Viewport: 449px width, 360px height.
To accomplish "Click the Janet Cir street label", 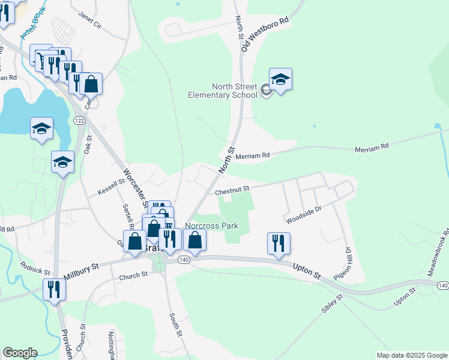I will (x=90, y=27).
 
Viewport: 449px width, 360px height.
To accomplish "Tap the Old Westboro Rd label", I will (x=264, y=34).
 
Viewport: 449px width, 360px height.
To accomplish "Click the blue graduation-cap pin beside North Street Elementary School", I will (x=280, y=80).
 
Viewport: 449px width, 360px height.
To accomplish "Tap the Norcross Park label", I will (x=211, y=226).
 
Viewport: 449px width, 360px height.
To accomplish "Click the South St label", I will (x=174, y=325).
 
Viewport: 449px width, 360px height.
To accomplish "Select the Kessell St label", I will (x=111, y=185).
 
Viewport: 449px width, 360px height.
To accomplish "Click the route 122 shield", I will (x=79, y=121).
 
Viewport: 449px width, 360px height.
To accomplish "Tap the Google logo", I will (x=20, y=353).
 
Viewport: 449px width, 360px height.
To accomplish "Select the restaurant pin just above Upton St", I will (x=279, y=244).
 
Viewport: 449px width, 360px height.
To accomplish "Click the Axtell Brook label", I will (x=32, y=27).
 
